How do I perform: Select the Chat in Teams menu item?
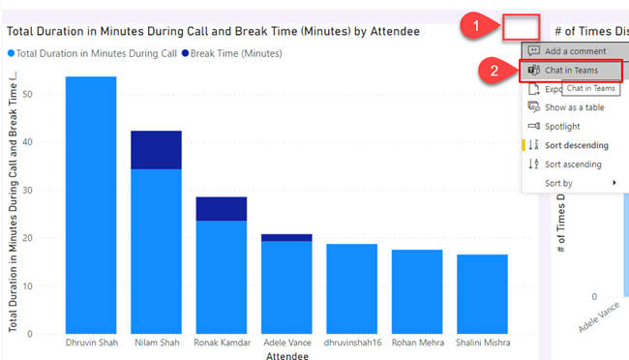click(x=571, y=71)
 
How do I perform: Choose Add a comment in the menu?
click(x=575, y=50)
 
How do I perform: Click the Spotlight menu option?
click(x=562, y=126)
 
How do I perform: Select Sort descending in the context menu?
click(x=576, y=145)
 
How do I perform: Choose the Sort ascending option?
click(x=574, y=164)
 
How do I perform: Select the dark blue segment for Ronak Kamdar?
click(x=222, y=208)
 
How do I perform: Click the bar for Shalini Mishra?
click(x=482, y=294)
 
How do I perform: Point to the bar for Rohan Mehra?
click(x=417, y=291)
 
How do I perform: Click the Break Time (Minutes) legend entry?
click(x=232, y=52)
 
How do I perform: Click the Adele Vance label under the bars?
click(x=286, y=343)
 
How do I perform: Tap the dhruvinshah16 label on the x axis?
click(x=351, y=343)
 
